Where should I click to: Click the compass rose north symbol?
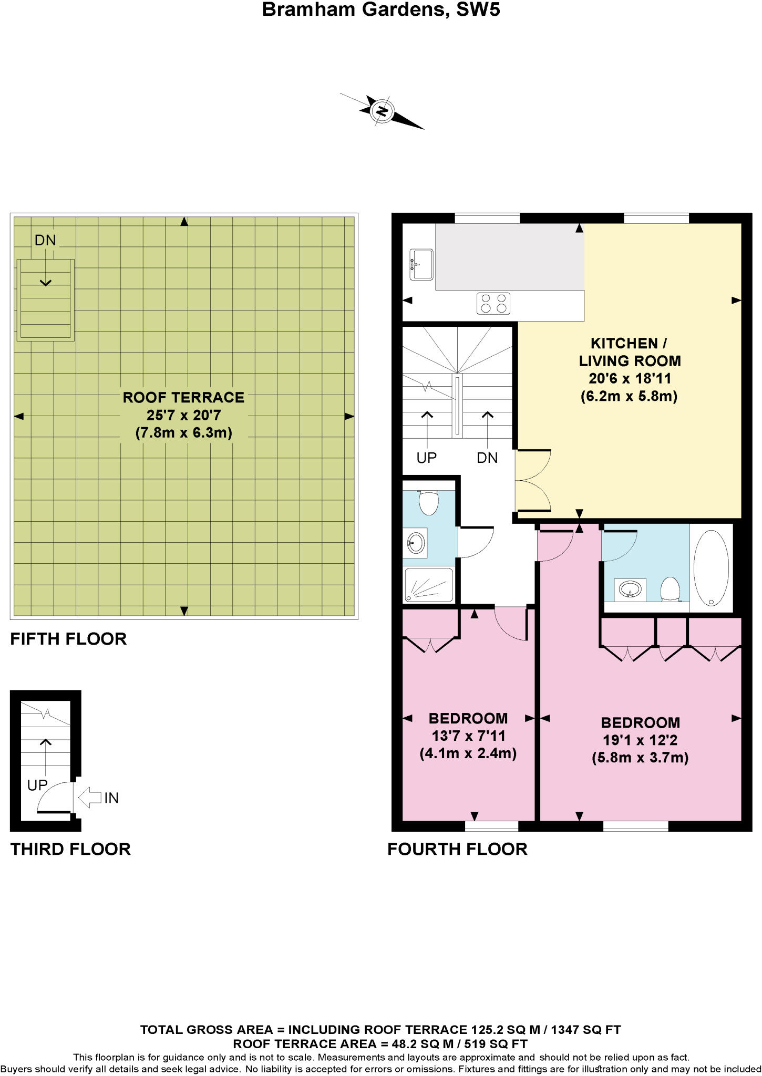click(x=382, y=111)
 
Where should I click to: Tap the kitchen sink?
click(x=421, y=264)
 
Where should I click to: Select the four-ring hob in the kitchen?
click(x=493, y=303)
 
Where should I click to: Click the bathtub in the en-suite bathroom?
click(x=711, y=567)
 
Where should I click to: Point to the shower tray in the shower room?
click(x=429, y=585)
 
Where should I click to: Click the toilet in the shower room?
click(x=429, y=503)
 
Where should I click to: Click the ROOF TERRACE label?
click(x=183, y=398)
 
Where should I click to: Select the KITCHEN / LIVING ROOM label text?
click(x=630, y=352)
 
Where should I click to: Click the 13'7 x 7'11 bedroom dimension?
click(x=468, y=736)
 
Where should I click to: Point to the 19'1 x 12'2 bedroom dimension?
click(x=640, y=740)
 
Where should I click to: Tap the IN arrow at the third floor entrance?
click(x=90, y=798)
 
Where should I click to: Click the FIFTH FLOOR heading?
click(x=69, y=639)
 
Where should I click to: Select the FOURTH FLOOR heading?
click(x=457, y=849)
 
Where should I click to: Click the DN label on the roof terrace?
click(x=45, y=240)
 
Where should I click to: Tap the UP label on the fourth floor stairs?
click(x=426, y=458)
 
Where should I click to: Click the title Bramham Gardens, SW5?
click(x=381, y=9)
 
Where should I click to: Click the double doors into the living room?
click(x=532, y=480)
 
